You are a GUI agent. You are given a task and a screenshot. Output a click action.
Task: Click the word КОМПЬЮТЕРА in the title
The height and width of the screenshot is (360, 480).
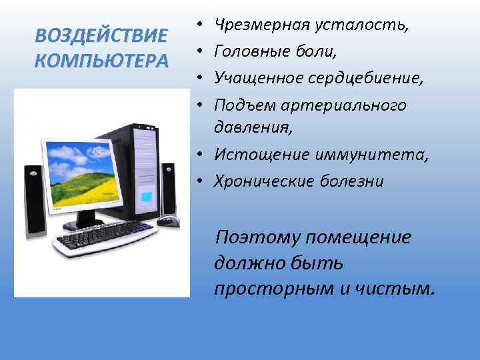102,60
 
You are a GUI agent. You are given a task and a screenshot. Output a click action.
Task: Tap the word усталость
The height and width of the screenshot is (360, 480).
360,25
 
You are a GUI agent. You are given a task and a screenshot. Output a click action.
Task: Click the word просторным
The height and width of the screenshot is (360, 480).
266,288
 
